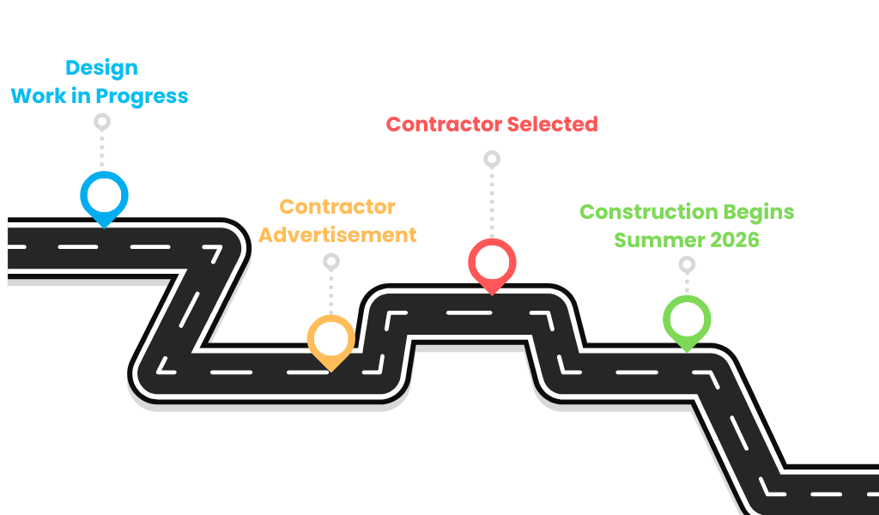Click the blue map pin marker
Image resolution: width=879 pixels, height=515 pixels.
[x=103, y=196]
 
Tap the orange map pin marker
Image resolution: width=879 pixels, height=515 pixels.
[x=330, y=339]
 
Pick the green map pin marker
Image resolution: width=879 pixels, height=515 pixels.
[x=687, y=319]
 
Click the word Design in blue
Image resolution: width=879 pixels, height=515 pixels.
[x=101, y=68]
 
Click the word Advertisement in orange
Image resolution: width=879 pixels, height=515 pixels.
[x=337, y=234]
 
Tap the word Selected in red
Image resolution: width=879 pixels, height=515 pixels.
[x=552, y=124]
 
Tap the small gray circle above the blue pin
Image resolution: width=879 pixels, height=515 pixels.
[x=102, y=122]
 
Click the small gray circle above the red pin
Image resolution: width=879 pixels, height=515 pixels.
[x=492, y=159]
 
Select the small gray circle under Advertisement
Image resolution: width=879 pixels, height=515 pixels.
[x=330, y=261]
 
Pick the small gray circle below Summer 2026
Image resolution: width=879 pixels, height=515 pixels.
[x=687, y=264]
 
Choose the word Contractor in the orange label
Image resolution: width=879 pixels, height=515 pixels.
[x=337, y=207]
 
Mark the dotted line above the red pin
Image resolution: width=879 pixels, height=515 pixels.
[x=492, y=202]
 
